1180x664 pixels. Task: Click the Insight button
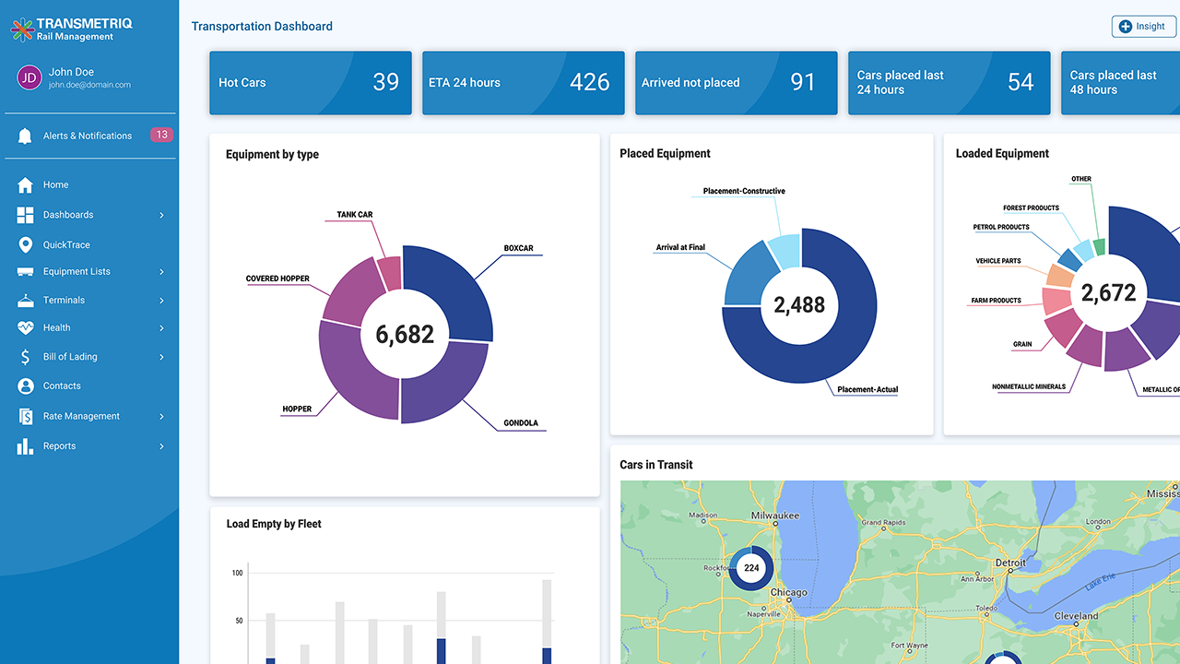click(1143, 27)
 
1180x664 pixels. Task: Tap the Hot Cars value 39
click(385, 82)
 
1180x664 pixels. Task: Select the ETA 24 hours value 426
click(590, 82)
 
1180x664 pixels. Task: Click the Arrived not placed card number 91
click(803, 82)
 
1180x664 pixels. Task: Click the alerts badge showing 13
click(161, 135)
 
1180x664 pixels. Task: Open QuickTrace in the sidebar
click(66, 244)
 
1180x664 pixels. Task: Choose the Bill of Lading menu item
click(70, 357)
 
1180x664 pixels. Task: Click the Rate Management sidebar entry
click(81, 416)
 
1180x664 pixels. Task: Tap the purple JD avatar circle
click(29, 77)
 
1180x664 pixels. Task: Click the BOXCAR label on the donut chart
click(518, 248)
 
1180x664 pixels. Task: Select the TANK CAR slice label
click(355, 215)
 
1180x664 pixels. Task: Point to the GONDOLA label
click(521, 423)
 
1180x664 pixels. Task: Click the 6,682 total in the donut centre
click(404, 334)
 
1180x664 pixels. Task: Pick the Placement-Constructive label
click(744, 191)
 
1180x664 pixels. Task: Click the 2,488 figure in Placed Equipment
click(799, 305)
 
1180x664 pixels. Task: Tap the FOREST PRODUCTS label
click(1031, 207)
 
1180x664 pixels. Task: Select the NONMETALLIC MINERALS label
click(1029, 386)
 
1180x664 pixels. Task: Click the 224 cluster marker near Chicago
click(751, 568)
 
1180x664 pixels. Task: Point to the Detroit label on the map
click(1010, 563)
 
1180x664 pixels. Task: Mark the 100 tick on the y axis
click(237, 573)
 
